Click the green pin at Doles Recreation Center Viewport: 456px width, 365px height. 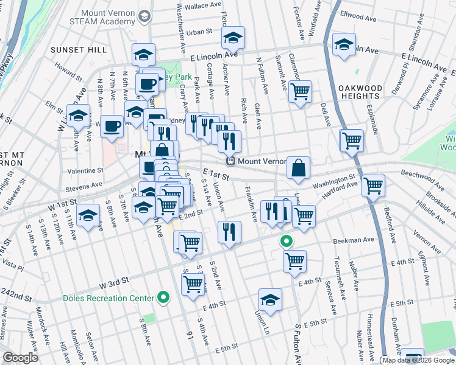tap(163, 298)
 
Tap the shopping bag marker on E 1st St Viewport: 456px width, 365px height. tap(299, 169)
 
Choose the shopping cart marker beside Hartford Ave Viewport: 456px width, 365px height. tap(373, 185)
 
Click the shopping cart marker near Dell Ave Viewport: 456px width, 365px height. tap(352, 140)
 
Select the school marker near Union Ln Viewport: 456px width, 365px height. tap(270, 300)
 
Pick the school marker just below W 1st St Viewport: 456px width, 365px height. tap(88, 215)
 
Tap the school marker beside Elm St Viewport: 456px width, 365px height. tap(79, 116)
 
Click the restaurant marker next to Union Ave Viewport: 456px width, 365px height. tap(229, 232)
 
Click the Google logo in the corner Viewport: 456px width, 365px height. tap(20, 358)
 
